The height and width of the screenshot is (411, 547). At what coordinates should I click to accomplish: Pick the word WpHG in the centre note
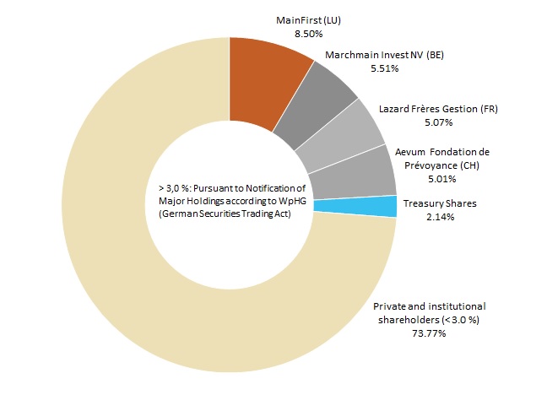[x=286, y=201]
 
